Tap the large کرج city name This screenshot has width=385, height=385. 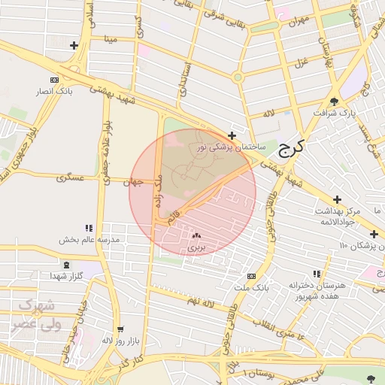click(x=288, y=147)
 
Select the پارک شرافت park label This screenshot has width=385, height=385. click(x=335, y=114)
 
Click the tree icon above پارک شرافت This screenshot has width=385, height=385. click(x=334, y=102)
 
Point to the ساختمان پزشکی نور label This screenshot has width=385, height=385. click(x=231, y=148)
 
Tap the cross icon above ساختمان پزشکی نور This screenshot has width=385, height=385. click(x=232, y=136)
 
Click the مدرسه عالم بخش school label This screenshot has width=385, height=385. click(x=89, y=240)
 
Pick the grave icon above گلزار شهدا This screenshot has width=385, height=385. click(x=67, y=265)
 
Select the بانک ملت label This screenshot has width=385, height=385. click(x=250, y=288)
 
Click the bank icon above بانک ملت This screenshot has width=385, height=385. click(x=250, y=276)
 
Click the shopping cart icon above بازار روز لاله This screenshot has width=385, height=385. click(x=119, y=329)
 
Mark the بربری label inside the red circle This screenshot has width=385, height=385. click(x=196, y=247)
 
